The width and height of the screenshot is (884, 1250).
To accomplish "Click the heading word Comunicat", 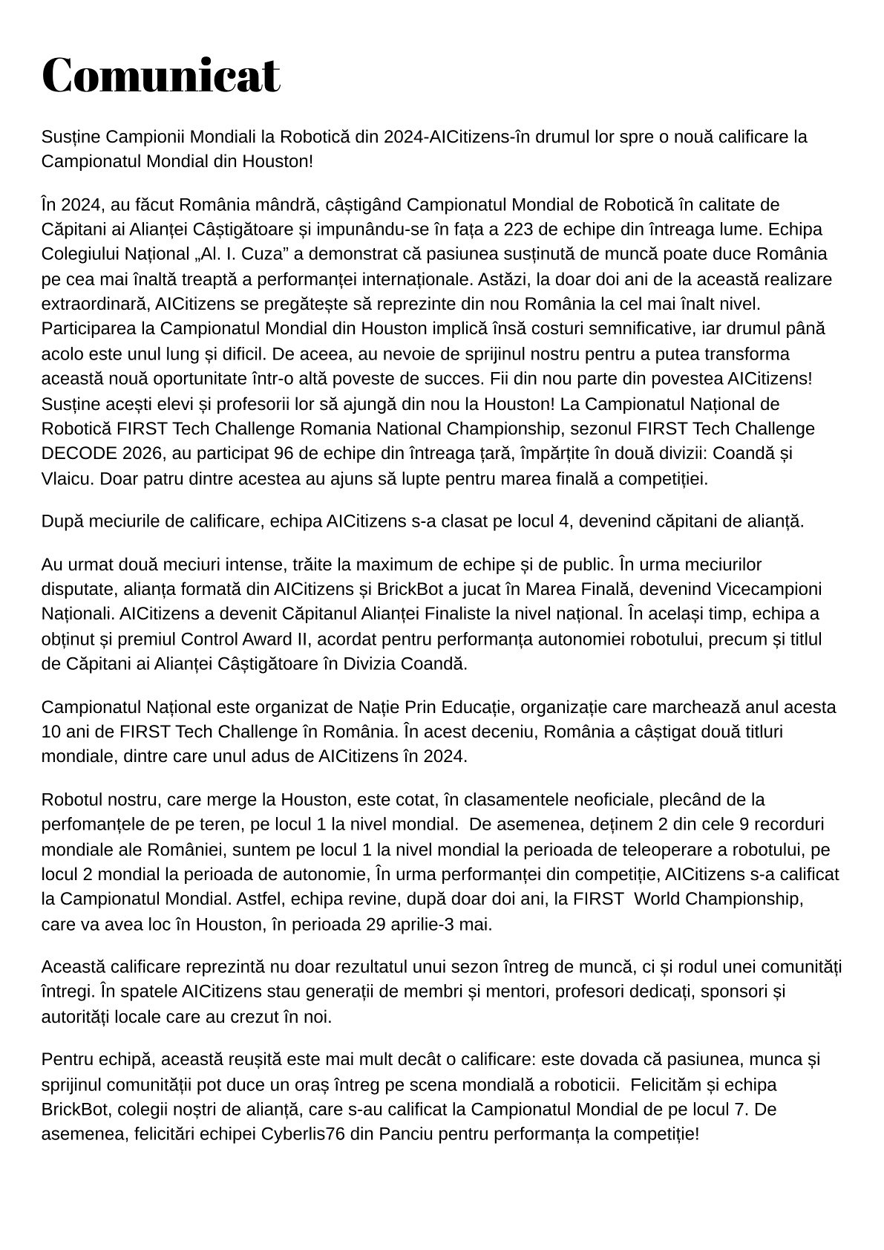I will tap(161, 75).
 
